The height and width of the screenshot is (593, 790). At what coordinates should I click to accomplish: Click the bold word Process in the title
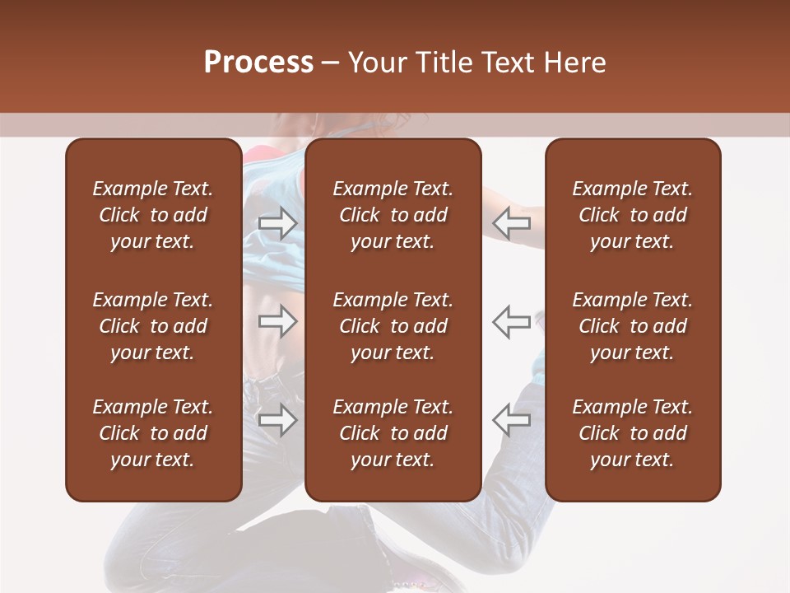258,63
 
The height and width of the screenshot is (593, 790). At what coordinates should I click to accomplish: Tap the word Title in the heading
444,63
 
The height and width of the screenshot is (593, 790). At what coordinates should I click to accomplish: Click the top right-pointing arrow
277,222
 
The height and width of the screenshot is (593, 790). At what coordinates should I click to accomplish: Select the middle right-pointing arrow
277,321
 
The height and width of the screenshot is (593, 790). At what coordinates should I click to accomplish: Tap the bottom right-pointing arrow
277,420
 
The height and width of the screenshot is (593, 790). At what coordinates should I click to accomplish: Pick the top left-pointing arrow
512,222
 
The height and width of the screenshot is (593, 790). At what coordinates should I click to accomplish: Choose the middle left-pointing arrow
512,321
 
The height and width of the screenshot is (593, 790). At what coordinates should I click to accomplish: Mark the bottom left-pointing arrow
512,420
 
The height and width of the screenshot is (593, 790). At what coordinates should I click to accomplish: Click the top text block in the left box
153,215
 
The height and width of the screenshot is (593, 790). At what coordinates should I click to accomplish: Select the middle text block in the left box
153,326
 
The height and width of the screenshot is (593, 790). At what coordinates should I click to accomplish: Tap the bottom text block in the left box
153,433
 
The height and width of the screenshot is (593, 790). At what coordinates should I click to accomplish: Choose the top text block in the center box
393,215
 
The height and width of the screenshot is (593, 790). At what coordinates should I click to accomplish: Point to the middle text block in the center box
393,326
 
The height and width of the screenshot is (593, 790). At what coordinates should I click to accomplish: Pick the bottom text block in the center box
393,433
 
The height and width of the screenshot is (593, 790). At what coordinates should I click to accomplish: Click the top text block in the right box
632,215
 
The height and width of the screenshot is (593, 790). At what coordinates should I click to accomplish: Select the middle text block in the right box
632,326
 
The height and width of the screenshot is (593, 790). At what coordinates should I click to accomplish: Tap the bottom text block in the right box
632,433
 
